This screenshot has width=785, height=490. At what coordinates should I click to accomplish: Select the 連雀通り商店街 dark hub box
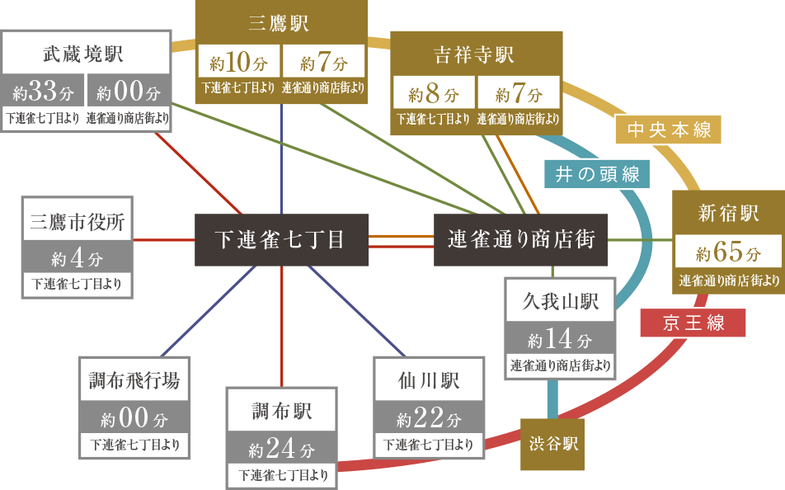point(520,240)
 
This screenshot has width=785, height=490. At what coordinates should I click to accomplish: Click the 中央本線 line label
point(669,130)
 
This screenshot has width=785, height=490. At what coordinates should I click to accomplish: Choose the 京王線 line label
point(693,323)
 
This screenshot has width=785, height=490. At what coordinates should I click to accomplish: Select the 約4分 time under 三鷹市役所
point(77,258)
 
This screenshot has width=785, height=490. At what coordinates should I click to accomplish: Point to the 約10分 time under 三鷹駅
point(237,63)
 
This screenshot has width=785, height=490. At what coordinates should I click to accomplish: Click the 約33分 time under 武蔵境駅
point(43,92)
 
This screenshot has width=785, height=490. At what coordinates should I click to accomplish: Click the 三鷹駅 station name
point(279,23)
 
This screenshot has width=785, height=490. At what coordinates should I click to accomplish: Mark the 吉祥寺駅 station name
point(474,54)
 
